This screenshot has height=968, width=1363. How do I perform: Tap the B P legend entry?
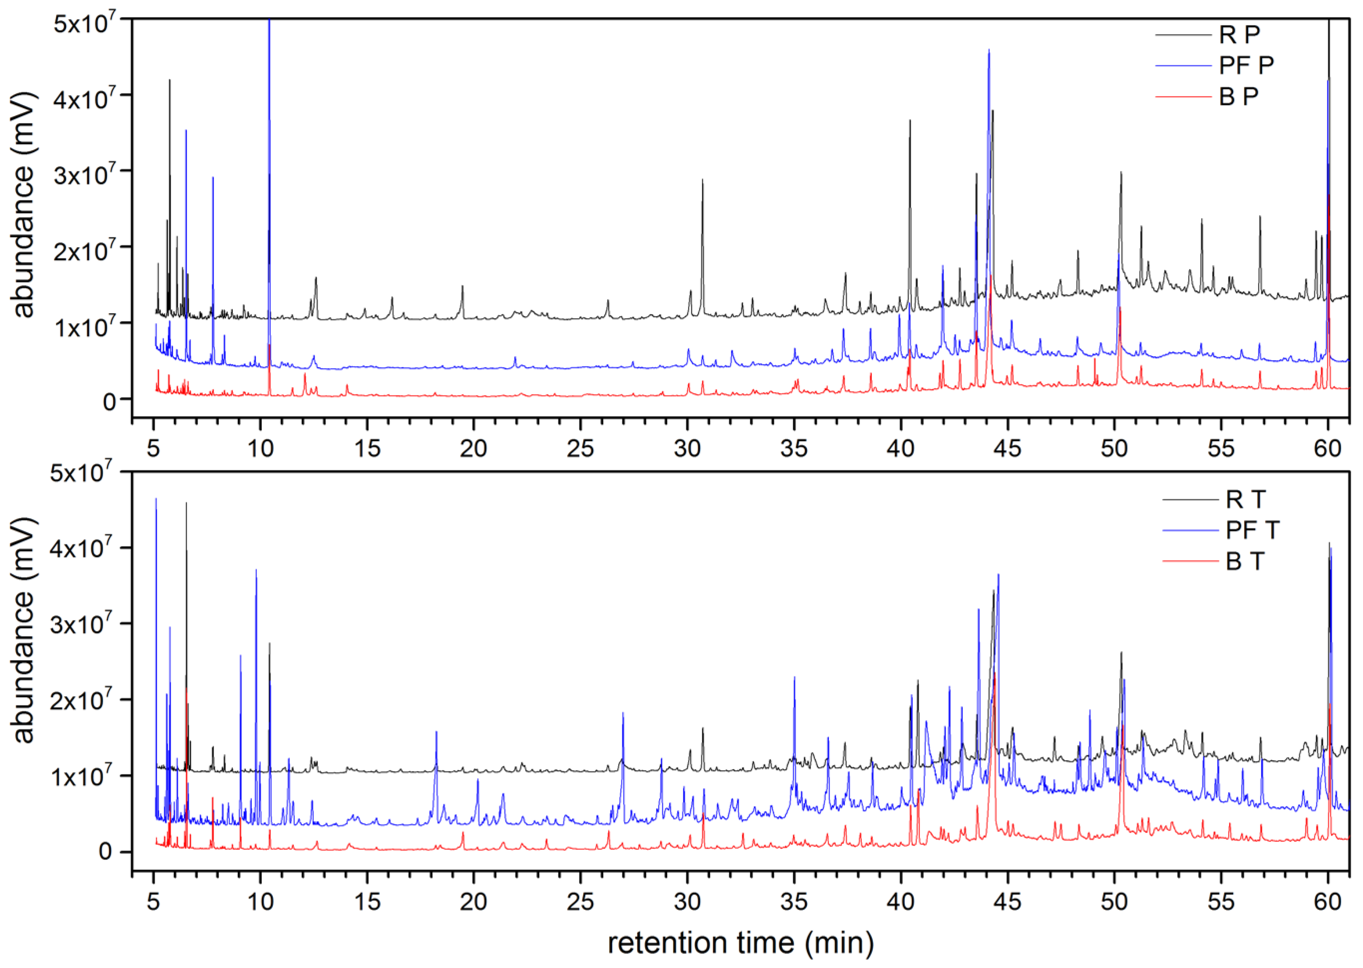pos(1238,96)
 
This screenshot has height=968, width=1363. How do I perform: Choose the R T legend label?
pos(1245,500)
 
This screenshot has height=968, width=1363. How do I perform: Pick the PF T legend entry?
pos(1252,530)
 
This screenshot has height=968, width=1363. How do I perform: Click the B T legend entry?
pos(1245,561)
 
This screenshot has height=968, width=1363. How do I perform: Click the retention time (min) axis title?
pos(741,942)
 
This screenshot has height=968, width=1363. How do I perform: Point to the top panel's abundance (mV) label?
pos(24,206)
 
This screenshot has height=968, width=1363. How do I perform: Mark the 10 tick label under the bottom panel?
pos(260,901)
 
